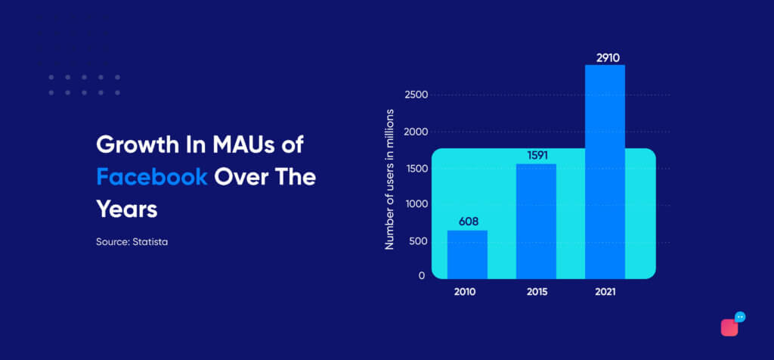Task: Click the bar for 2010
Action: [x=467, y=254]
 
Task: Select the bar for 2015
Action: [x=536, y=222]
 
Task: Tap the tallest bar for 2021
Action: [x=605, y=172]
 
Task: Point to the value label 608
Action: [x=469, y=222]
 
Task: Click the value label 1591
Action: [x=537, y=155]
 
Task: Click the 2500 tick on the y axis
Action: [x=415, y=95]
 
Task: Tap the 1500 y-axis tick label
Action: [x=415, y=169]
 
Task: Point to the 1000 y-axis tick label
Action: [x=415, y=205]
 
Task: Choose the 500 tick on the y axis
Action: [x=416, y=242]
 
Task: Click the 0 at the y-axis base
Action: [x=422, y=275]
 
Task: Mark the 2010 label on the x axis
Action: [x=465, y=292]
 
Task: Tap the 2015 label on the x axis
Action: [x=537, y=292]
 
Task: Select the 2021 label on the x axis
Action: [x=605, y=292]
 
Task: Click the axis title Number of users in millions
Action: [x=390, y=178]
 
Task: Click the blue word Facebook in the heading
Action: [x=151, y=177]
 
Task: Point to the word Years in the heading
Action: [x=127, y=209]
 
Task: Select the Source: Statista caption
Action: [x=132, y=243]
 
